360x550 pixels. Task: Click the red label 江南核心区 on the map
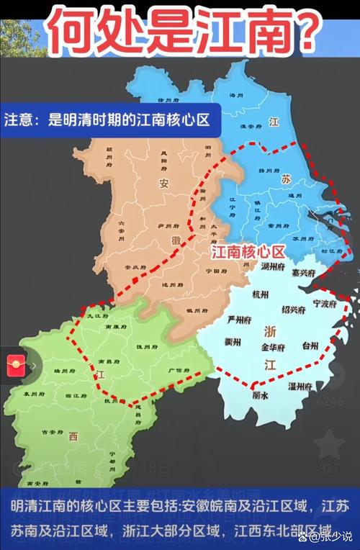(x=248, y=252)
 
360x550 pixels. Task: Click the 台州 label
(x=310, y=346)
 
